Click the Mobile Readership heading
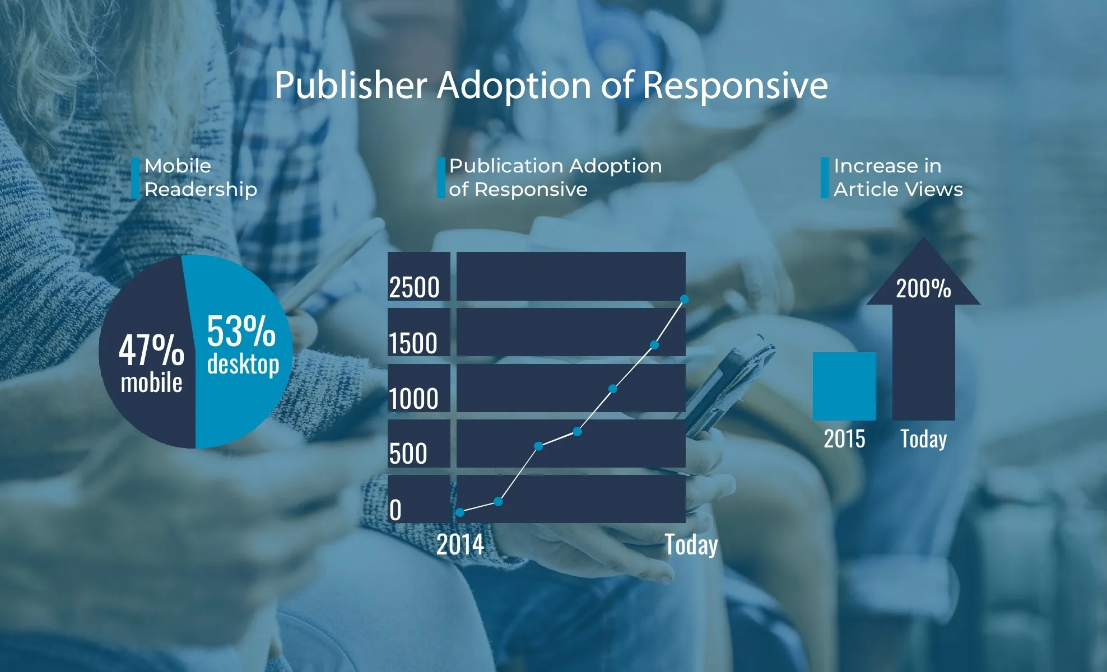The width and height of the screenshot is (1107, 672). (200, 178)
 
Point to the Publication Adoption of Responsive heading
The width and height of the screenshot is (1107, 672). (555, 178)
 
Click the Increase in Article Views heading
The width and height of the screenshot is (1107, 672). (897, 178)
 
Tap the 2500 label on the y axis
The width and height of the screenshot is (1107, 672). (414, 287)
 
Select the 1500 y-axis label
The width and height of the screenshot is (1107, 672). (413, 343)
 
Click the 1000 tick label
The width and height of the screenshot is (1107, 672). (413, 399)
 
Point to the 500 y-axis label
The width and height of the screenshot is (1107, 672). (408, 454)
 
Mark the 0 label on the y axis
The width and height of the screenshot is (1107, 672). (396, 510)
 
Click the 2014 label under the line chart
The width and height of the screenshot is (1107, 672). (460, 544)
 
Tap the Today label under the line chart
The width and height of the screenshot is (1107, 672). (691, 544)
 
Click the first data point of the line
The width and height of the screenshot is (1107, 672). (460, 512)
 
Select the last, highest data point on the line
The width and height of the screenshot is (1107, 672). (684, 300)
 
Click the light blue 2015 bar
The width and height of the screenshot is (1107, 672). (844, 386)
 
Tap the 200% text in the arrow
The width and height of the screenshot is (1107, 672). (923, 289)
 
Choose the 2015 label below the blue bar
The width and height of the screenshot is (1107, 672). (844, 439)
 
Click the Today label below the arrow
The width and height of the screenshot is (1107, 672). (923, 439)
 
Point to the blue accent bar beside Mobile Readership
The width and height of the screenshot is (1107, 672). (135, 178)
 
